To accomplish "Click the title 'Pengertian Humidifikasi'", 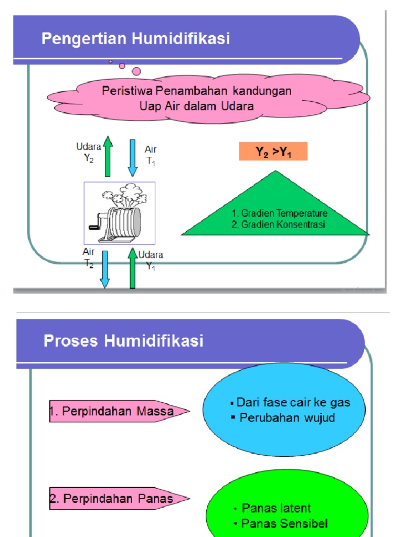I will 135,39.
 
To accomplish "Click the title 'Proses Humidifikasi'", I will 123,341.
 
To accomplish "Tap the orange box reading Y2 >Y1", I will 273,152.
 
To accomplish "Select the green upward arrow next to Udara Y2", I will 108,156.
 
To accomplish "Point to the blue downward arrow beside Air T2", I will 105,269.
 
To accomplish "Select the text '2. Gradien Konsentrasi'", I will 278,224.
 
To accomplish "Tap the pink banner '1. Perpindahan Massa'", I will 119,412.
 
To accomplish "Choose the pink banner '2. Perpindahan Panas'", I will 119,499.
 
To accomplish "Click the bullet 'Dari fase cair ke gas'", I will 293,403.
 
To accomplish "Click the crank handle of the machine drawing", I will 95,225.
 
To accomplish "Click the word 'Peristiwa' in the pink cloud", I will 123,91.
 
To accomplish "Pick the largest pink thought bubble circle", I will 136,71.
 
